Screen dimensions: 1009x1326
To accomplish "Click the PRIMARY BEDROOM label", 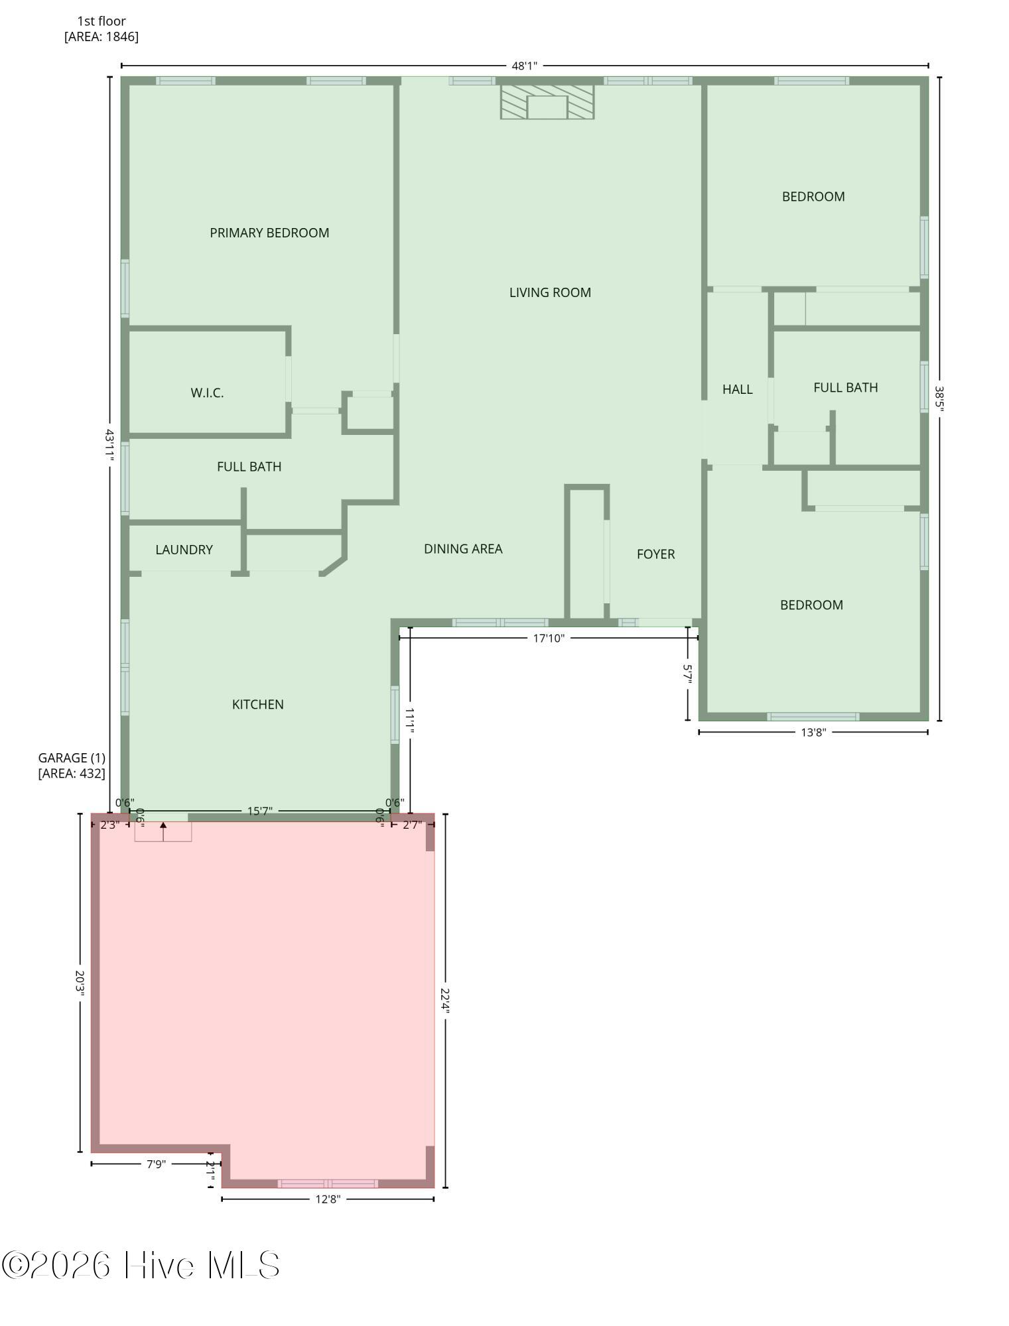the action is click(x=269, y=233).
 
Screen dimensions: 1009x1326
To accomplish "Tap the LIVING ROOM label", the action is click(x=550, y=292).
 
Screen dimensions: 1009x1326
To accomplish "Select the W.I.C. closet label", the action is click(x=207, y=392).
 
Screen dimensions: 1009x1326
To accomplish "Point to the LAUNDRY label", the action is click(x=184, y=550).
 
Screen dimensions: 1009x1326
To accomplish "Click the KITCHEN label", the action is click(x=258, y=704).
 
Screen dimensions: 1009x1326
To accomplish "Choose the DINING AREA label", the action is click(x=463, y=548).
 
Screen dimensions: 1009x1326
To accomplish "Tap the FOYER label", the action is click(x=655, y=554).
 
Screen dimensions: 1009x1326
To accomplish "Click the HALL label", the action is click(x=737, y=389).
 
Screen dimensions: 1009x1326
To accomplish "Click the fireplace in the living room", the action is click(x=547, y=102).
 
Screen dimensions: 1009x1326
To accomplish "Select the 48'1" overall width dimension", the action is click(x=524, y=66).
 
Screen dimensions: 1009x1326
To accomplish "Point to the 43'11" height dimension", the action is click(x=109, y=445).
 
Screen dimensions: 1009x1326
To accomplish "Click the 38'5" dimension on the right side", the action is click(x=939, y=398).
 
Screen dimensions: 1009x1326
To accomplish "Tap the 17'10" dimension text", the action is click(x=549, y=638).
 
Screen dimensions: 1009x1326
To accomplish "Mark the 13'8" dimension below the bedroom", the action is click(x=813, y=732).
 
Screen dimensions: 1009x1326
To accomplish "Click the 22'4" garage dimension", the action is click(x=445, y=1001).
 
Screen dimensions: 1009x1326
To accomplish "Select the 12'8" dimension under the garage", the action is click(x=328, y=1199).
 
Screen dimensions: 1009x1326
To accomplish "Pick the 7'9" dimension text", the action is click(x=156, y=1164).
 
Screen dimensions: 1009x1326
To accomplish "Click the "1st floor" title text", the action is click(x=101, y=21).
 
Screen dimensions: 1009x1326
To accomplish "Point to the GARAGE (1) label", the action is click(x=72, y=757).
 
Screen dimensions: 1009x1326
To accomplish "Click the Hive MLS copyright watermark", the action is click(x=141, y=1265).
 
